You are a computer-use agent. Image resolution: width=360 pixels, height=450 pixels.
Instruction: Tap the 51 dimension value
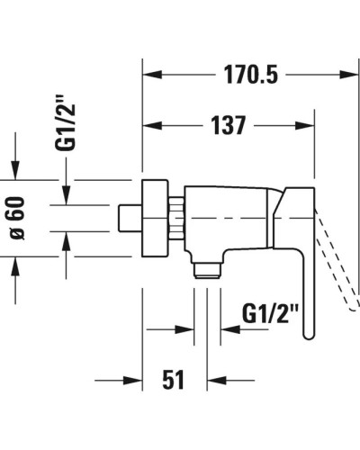pos(174,381)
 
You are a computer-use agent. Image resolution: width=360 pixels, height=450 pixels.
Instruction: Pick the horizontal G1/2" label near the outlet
pos(270,315)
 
